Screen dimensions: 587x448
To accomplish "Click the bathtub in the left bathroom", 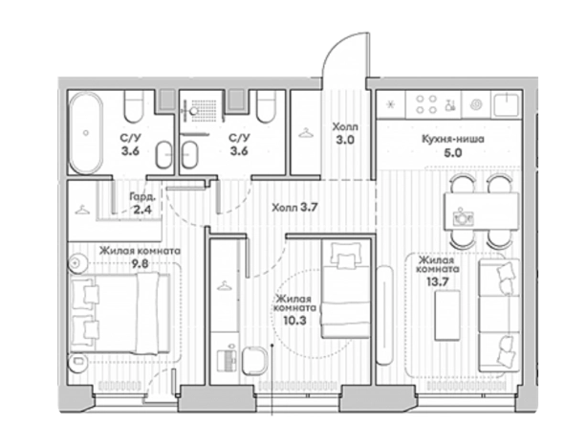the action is pyautogui.click(x=86, y=133).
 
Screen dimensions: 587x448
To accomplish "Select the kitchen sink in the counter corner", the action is pyautogui.click(x=506, y=104).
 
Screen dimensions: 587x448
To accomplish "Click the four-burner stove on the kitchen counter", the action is pyautogui.click(x=426, y=103).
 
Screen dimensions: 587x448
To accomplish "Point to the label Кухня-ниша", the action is pyautogui.click(x=453, y=139).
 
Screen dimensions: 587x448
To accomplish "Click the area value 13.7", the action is pyautogui.click(x=438, y=282).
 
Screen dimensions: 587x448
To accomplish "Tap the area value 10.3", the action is pyautogui.click(x=295, y=321).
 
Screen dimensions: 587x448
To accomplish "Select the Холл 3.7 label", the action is pyautogui.click(x=295, y=208).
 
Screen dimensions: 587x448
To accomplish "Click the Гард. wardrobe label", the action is pyautogui.click(x=142, y=196).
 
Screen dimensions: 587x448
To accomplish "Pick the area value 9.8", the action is pyautogui.click(x=140, y=264).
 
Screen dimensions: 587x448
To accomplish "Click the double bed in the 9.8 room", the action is pyautogui.click(x=120, y=313).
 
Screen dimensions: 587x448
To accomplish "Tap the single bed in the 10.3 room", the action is pyautogui.click(x=346, y=289).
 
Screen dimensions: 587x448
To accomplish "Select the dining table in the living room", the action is pyautogui.click(x=482, y=211).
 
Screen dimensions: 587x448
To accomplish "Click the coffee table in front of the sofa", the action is pyautogui.click(x=447, y=315).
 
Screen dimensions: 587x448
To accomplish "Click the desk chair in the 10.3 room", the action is pyautogui.click(x=254, y=360).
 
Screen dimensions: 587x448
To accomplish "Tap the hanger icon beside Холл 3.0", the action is pyautogui.click(x=306, y=133).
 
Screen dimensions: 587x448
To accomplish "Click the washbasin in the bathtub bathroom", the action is pyautogui.click(x=163, y=154).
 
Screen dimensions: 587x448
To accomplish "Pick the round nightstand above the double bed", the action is pyautogui.click(x=77, y=263).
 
